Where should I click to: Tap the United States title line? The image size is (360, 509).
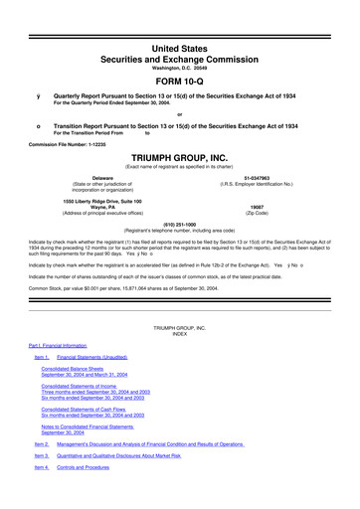point(179,19)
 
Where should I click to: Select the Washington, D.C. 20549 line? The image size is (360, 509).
point(179,44)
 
